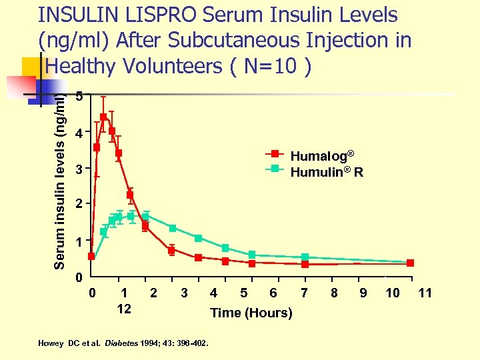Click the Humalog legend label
point(319,156)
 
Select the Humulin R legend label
point(326,172)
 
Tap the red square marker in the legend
point(274,154)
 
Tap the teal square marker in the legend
point(274,168)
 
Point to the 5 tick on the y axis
point(79,97)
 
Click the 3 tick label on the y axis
point(79,170)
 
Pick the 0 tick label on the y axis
point(79,276)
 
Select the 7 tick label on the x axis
point(304,293)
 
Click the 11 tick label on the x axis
point(425,293)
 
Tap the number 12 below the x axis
point(124,309)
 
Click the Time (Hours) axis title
point(251,313)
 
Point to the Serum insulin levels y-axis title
point(60,180)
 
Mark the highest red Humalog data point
point(103,117)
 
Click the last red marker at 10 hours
point(410,263)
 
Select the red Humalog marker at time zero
point(91,256)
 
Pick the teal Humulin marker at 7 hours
point(305,257)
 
